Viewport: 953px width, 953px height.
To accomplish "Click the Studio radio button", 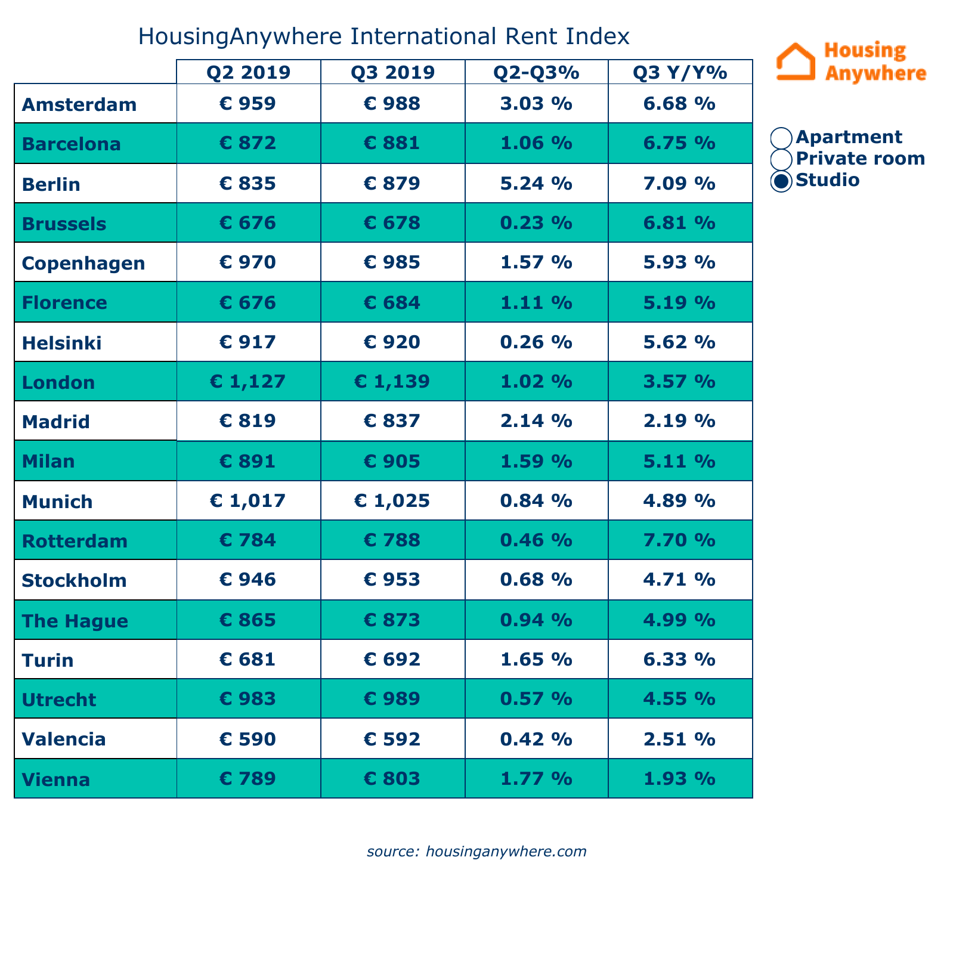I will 781,181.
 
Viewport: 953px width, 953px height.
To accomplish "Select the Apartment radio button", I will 781,138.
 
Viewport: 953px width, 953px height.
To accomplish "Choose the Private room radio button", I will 781,159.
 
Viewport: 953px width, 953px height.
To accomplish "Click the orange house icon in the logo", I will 796,61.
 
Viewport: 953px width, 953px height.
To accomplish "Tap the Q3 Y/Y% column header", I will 680,72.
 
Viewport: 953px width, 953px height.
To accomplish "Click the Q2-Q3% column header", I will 536,72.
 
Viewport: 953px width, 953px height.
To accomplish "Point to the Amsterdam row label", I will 79,104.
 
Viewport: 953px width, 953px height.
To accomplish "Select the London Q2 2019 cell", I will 248,381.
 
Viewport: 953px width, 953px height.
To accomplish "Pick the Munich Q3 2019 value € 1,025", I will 392,500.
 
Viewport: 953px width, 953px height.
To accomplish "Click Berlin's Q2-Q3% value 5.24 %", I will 536,183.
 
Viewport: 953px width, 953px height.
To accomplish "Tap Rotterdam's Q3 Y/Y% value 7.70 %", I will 680,540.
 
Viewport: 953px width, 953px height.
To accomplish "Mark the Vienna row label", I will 56,779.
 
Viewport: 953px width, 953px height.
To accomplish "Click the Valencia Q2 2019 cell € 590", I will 248,739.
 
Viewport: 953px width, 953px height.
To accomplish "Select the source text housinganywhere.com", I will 476,851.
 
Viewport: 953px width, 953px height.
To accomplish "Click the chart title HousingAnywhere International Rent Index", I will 383,36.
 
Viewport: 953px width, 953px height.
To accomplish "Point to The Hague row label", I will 75,621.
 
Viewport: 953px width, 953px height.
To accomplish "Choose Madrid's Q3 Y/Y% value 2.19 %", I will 680,421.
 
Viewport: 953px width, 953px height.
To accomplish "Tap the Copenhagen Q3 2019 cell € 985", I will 392,262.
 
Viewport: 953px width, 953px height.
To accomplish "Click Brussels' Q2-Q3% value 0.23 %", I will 536,223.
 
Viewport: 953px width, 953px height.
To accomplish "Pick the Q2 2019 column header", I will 248,72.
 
